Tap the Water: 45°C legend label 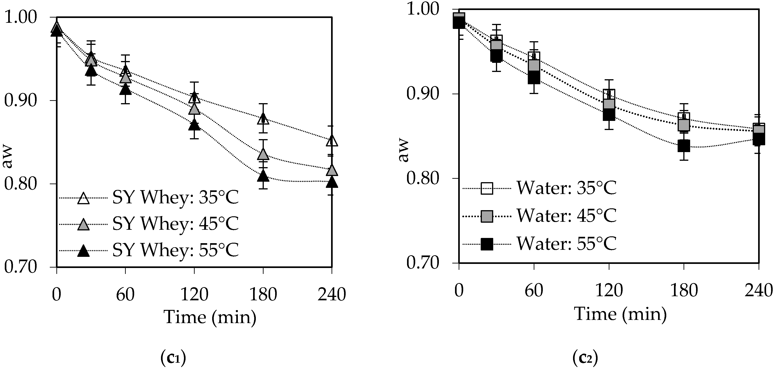566,216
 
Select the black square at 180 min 684,146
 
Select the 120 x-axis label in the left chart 194,294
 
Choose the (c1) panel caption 173,358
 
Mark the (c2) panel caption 585,358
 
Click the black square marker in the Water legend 487,244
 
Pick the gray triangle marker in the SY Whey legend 83,225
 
